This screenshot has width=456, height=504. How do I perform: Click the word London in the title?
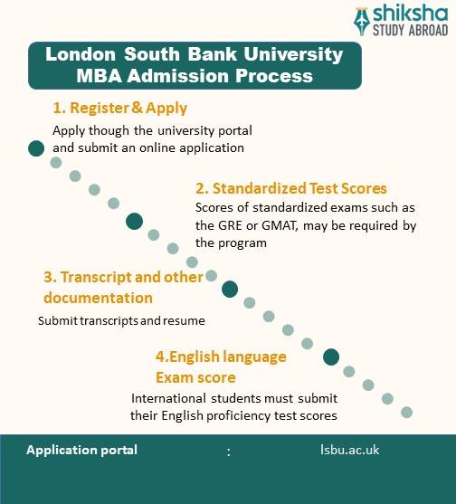click(78, 54)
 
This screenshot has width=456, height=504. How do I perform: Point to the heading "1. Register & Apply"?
click(120, 109)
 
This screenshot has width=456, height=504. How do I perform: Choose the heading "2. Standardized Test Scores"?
click(292, 189)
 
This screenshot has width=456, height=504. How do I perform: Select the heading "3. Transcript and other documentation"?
click(123, 287)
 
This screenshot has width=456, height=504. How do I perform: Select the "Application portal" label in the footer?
click(82, 450)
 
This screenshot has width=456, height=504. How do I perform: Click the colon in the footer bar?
click(230, 451)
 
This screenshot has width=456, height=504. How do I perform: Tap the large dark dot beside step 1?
click(36, 148)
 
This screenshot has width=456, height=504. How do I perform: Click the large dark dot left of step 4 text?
click(331, 357)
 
